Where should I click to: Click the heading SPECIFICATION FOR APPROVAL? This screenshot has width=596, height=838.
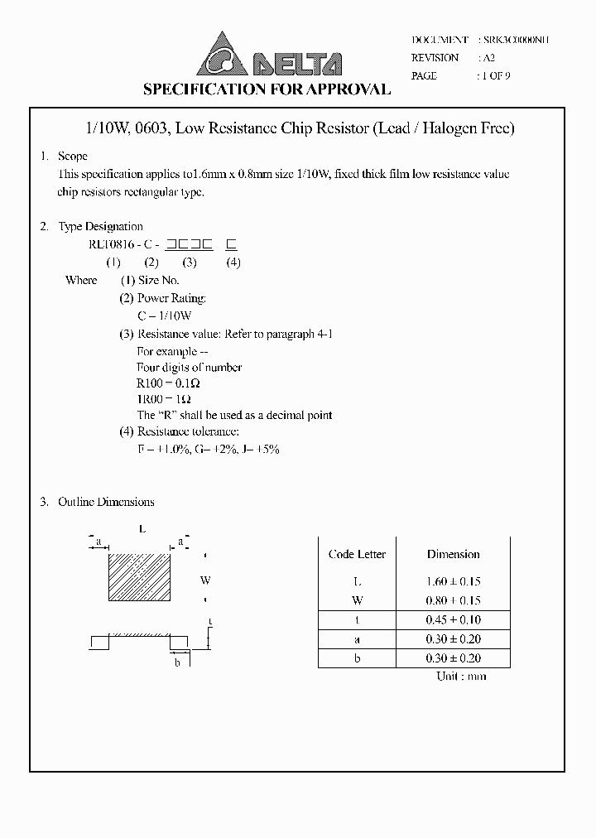[x=267, y=89]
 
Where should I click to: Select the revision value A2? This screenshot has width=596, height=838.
[x=488, y=58]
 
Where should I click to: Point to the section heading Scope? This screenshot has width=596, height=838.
[x=72, y=157]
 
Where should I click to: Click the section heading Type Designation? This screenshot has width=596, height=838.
[x=100, y=227]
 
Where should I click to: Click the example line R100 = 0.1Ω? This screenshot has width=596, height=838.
[x=168, y=383]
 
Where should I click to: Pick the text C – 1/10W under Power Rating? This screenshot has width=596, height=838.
[x=165, y=316]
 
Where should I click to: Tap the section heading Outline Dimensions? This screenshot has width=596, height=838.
[x=106, y=502]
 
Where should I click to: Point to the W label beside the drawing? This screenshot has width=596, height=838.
[x=205, y=580]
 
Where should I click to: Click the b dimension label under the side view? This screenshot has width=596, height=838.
[x=177, y=662]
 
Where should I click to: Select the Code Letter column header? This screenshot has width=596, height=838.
[x=357, y=554]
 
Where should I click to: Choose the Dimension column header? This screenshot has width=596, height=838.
[x=453, y=554]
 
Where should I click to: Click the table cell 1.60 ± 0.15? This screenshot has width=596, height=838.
[x=453, y=582]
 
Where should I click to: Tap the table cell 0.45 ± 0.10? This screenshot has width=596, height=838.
[x=453, y=620]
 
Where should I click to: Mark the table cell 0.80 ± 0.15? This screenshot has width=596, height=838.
[x=453, y=600]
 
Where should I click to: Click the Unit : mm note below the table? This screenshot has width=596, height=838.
[x=461, y=677]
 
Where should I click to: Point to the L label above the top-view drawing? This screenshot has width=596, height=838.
[x=142, y=527]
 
